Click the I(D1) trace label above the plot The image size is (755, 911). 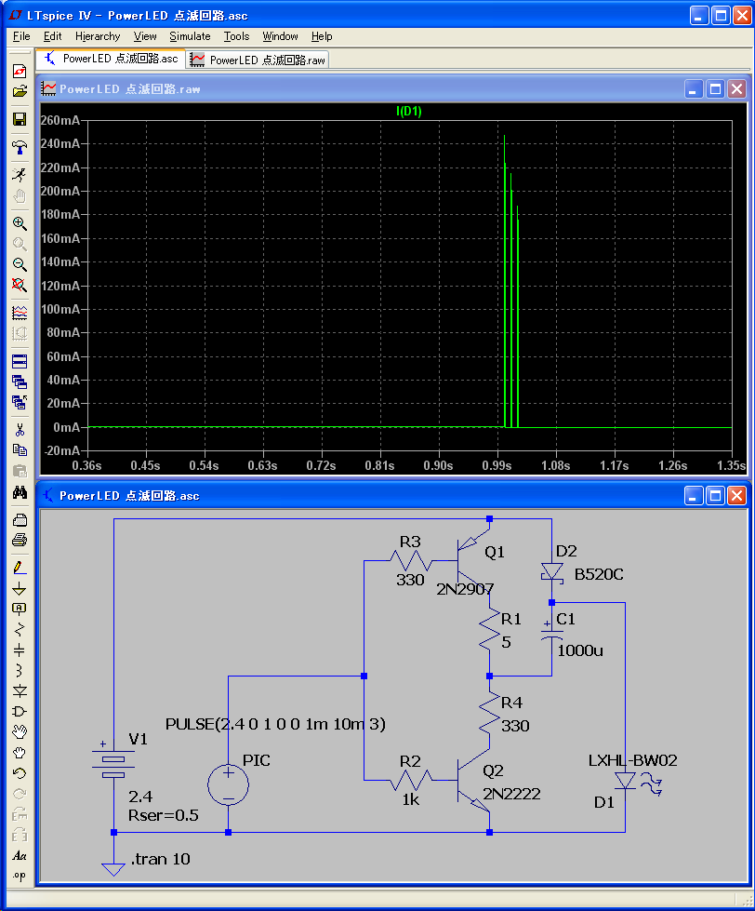(x=408, y=111)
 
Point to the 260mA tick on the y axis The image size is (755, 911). (x=60, y=120)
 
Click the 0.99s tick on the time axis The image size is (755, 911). (x=497, y=465)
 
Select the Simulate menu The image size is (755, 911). (x=190, y=36)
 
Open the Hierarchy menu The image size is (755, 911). (x=98, y=36)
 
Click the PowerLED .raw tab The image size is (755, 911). (x=258, y=60)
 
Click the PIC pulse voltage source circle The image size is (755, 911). (x=228, y=785)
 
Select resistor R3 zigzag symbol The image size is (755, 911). (x=411, y=561)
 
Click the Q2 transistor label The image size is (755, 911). (x=493, y=771)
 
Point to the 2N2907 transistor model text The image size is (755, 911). (x=465, y=589)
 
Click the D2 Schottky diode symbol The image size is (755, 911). (x=551, y=571)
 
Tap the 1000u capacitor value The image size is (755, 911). (x=580, y=650)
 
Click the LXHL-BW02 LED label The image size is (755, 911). (x=632, y=760)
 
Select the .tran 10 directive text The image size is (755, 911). (x=161, y=859)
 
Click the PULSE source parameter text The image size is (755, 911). (x=275, y=724)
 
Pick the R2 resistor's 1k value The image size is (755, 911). (x=410, y=800)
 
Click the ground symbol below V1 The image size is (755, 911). (x=113, y=869)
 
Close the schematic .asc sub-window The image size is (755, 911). (x=736, y=496)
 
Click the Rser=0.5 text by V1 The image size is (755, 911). (x=163, y=815)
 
